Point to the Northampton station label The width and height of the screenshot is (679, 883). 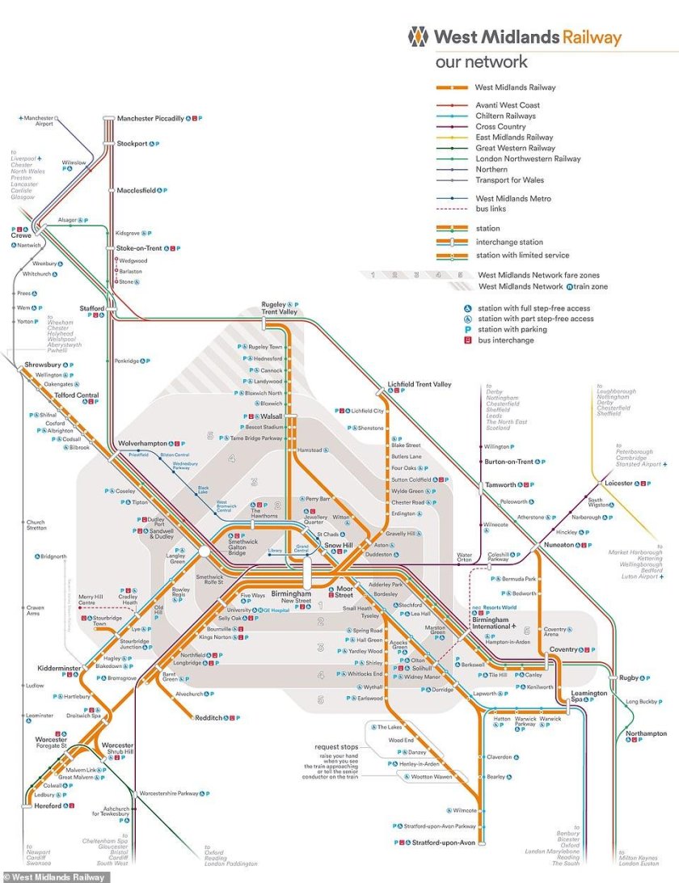coord(646,733)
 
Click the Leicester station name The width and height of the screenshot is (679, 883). coord(618,484)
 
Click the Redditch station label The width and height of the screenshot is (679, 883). coord(209,717)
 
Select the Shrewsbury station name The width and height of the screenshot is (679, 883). coord(43,365)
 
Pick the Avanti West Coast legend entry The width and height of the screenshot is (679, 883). coord(508,105)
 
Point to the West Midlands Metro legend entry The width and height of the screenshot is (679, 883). coord(513,198)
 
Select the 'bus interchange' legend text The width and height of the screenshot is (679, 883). coord(506,340)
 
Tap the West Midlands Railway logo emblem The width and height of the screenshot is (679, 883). coord(419,36)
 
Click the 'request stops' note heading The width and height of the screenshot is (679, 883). coord(340,746)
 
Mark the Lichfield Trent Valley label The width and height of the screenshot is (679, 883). coord(420,385)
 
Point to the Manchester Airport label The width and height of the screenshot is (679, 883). coord(38,121)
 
